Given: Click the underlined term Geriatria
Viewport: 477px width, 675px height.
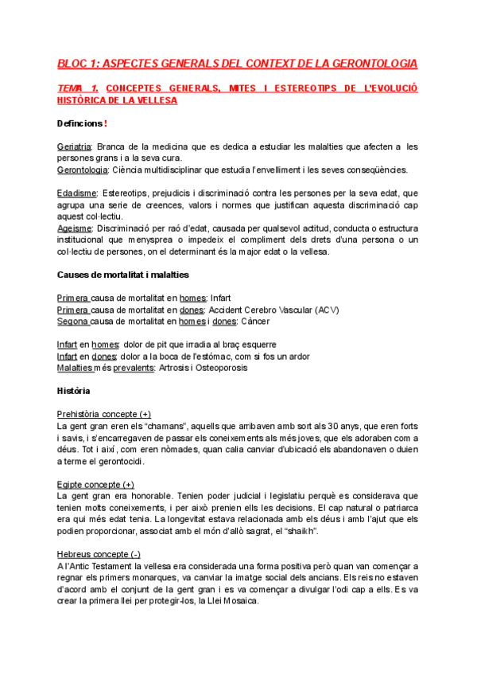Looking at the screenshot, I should point(75,147).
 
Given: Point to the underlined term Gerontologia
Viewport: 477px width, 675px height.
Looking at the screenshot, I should point(83,170).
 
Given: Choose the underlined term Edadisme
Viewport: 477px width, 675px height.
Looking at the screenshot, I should point(77,193).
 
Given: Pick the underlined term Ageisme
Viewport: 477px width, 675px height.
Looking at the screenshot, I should point(74,228).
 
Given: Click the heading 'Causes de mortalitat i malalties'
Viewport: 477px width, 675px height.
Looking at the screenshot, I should point(122,275).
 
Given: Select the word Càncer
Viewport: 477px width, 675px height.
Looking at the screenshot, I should point(253,322).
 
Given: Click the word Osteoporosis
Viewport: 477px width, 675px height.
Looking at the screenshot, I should point(220,368).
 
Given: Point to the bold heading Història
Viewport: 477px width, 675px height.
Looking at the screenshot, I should point(74,391).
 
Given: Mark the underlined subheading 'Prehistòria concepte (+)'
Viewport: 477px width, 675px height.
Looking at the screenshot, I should point(104,414).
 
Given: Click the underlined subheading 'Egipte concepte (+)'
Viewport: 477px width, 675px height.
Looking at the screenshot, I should point(95,484).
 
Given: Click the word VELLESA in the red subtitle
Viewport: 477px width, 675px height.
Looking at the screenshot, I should point(152,100).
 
